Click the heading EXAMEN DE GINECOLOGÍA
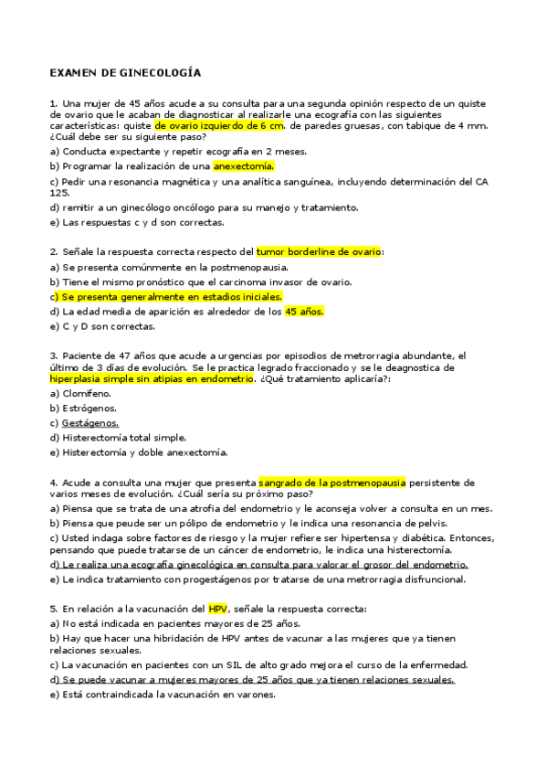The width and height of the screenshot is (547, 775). click(x=125, y=71)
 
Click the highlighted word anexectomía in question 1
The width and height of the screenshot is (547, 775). click(x=243, y=166)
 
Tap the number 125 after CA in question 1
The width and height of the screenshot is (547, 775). click(x=59, y=193)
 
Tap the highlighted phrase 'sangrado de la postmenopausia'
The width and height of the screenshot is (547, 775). click(x=332, y=482)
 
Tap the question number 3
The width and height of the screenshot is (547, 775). click(x=54, y=356)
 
